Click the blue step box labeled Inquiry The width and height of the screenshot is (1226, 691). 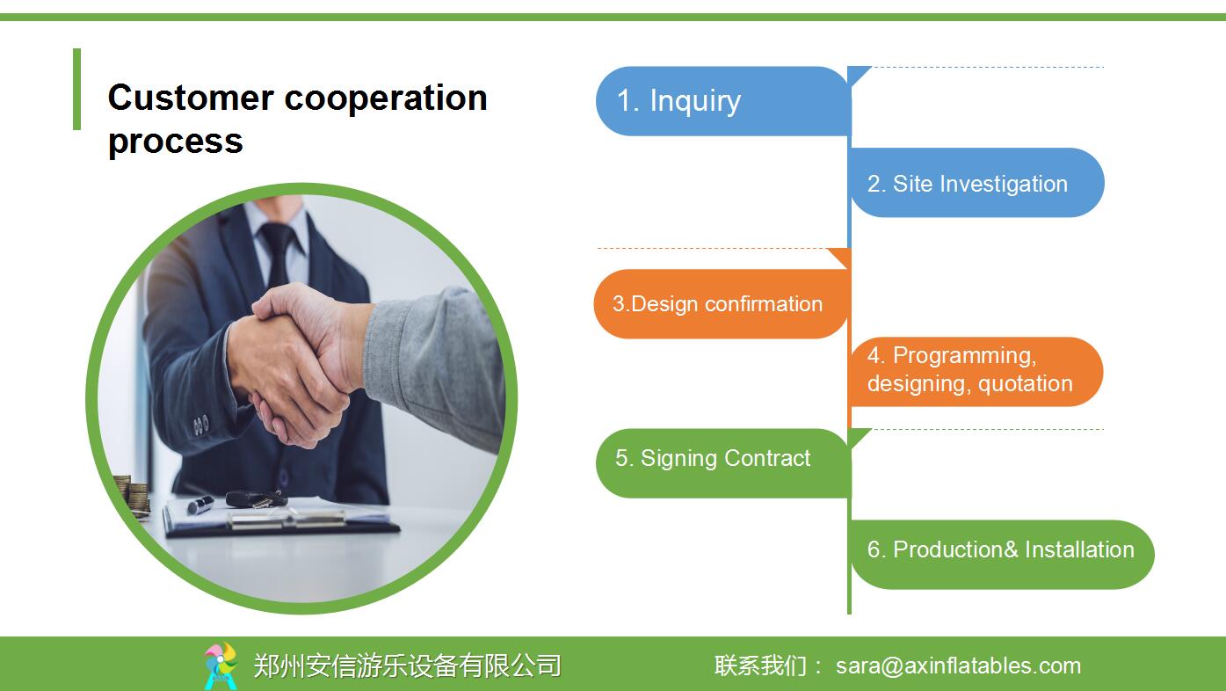click(722, 101)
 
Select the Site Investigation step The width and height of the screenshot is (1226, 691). click(976, 182)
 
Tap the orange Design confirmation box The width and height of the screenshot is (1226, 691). click(722, 304)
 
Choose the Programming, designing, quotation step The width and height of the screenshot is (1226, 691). click(976, 372)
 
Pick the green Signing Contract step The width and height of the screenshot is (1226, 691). click(722, 463)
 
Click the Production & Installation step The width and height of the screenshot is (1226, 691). click(1002, 555)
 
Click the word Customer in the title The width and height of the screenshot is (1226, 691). click(191, 98)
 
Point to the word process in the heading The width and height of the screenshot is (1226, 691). click(175, 142)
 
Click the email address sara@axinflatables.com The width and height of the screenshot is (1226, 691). click(958, 666)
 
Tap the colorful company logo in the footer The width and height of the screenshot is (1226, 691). click(221, 666)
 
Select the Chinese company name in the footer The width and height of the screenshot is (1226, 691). click(407, 666)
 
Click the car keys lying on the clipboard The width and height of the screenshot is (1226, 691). click(256, 498)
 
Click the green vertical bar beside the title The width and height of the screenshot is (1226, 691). click(76, 90)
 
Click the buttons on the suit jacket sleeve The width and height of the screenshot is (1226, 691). click(201, 425)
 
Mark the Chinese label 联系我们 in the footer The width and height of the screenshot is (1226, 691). click(760, 666)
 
